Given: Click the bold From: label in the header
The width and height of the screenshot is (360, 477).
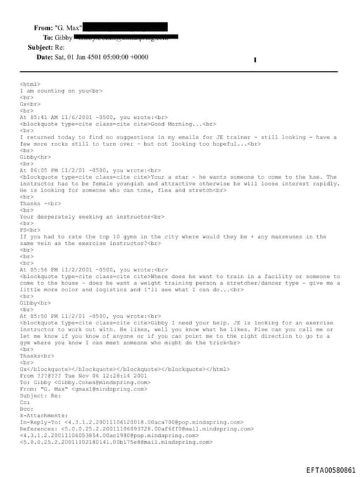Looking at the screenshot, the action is (x=43, y=27).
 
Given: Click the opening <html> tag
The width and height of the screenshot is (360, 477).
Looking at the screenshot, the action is (x=30, y=84).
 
